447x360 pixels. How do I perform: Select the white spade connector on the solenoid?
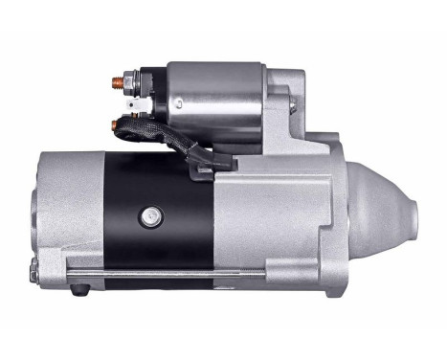pyautogui.click(x=147, y=99)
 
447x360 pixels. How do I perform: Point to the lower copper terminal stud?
pyautogui.click(x=118, y=123)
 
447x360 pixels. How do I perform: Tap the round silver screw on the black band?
pyautogui.click(x=148, y=217)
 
